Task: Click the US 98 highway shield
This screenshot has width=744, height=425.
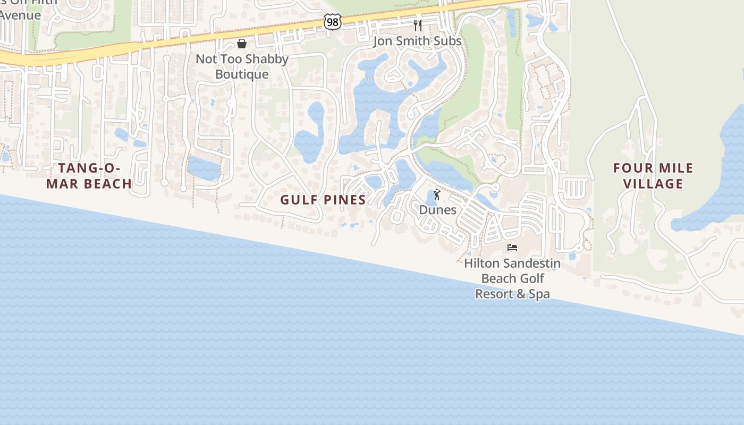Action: [x=332, y=22]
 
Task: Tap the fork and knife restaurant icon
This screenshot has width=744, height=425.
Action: [x=418, y=25]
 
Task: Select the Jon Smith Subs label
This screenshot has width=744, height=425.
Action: [x=417, y=41]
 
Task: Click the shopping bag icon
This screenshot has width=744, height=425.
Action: [x=242, y=44]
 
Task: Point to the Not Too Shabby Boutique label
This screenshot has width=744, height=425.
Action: [x=242, y=66]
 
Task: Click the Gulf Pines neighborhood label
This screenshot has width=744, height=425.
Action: [x=323, y=200]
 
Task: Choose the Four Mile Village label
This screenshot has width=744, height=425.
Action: [x=653, y=176]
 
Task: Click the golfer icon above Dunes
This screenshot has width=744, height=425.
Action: [x=437, y=195]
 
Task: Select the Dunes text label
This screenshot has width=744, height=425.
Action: [x=437, y=210]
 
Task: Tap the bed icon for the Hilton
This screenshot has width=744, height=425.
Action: [x=512, y=248]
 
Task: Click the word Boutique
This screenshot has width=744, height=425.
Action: [x=242, y=74]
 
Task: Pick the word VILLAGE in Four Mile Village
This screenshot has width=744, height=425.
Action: [x=653, y=184]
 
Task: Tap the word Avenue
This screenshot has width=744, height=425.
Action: [x=20, y=15]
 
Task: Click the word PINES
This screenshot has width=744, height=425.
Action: [x=345, y=200]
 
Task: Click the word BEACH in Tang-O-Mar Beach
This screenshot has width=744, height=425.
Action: [x=106, y=184]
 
